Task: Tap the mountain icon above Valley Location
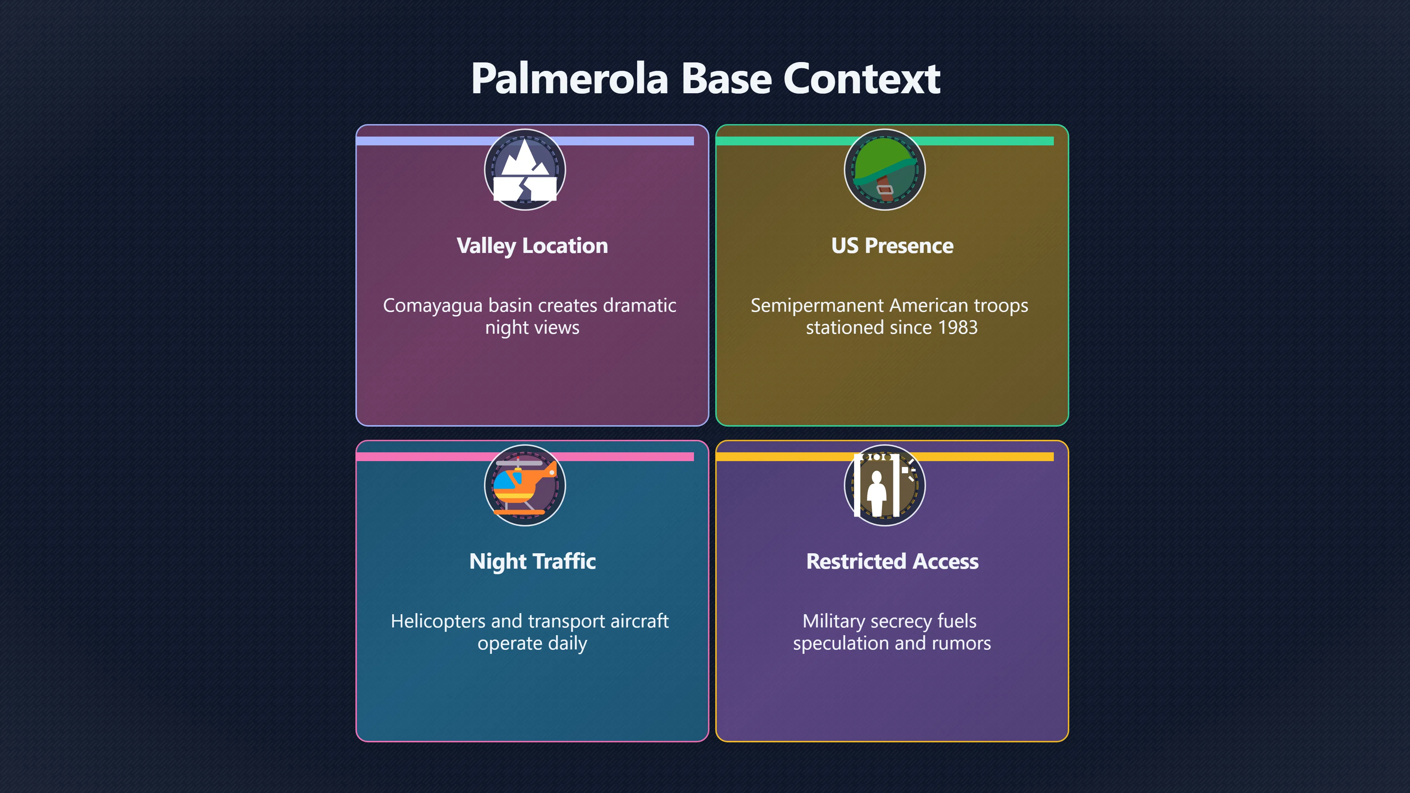click(x=525, y=170)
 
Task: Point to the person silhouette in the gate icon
click(x=876, y=493)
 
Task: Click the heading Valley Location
click(x=532, y=246)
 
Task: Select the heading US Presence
click(x=892, y=246)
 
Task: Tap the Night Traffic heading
click(x=532, y=561)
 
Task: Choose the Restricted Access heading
click(x=892, y=561)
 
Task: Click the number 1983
click(x=957, y=327)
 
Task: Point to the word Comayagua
click(x=433, y=306)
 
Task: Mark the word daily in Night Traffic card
click(x=567, y=644)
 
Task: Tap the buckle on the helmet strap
click(x=885, y=190)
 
